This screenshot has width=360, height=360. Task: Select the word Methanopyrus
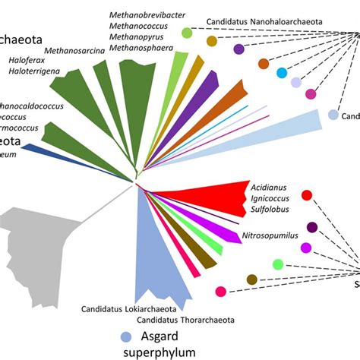pyautogui.click(x=137, y=37)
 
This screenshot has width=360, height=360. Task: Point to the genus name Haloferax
pyautogui.click(x=30, y=58)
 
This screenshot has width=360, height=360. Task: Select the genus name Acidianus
pyautogui.click(x=269, y=186)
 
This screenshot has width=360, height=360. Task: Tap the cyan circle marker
pyautogui.click(x=282, y=73)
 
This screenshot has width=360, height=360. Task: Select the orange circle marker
pyautogui.click(x=263, y=64)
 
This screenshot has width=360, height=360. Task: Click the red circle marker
pyautogui.click(x=307, y=196)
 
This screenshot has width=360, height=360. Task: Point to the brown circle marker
pyautogui.click(x=251, y=280)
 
